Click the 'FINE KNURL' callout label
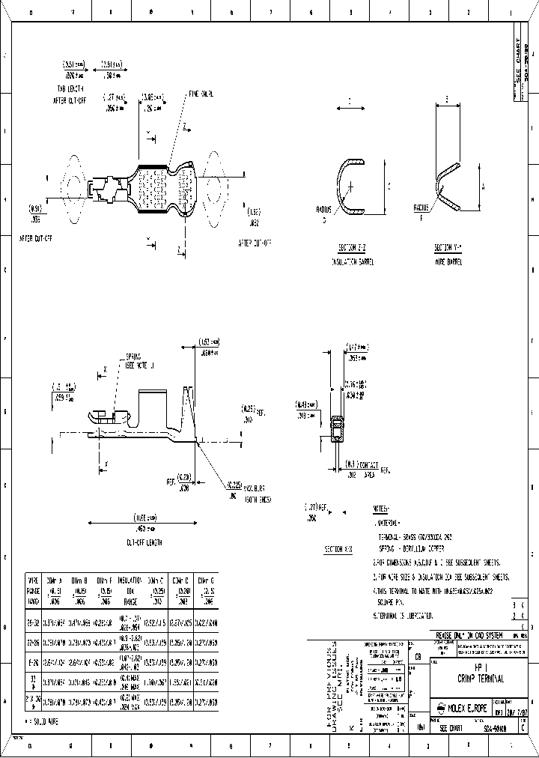coord(201,95)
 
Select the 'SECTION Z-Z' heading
coord(352,246)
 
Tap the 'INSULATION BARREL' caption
coord(352,261)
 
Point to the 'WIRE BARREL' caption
coord(448,261)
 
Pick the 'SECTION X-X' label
coord(338,549)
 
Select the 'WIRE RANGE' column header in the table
coord(34,590)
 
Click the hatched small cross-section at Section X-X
coord(337,434)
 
